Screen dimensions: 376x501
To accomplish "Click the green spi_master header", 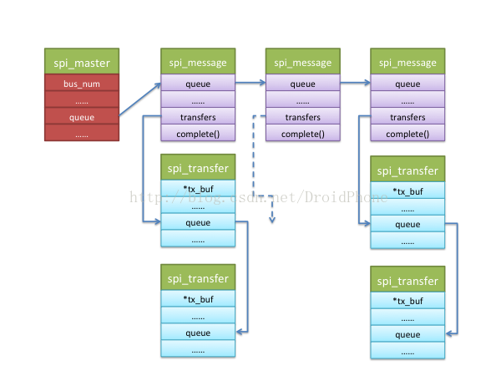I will pyautogui.click(x=82, y=62).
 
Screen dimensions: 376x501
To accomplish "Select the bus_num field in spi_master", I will pyautogui.click(x=82, y=84).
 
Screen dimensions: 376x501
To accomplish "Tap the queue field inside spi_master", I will pyautogui.click(x=82, y=117).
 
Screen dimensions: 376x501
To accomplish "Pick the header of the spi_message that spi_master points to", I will pyautogui.click(x=198, y=62).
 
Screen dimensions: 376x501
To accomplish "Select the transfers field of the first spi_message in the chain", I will pyautogui.click(x=198, y=117).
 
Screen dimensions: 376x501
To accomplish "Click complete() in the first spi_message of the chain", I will pyautogui.click(x=198, y=134).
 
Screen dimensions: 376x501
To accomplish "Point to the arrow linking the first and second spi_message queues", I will pyautogui.click(x=250, y=84).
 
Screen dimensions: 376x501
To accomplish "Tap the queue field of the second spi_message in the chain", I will pyautogui.click(x=303, y=84).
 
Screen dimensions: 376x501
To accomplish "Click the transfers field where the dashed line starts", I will pyautogui.click(x=303, y=117).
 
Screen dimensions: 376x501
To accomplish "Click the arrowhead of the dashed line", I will pyautogui.click(x=271, y=221).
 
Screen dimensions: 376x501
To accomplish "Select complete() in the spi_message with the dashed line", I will pyautogui.click(x=303, y=134).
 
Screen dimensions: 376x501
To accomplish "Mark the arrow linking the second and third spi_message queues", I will pyautogui.click(x=355, y=84).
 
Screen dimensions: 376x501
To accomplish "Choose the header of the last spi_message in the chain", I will pyautogui.click(x=407, y=62).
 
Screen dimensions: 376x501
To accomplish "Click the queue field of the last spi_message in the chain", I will pyautogui.click(x=407, y=84).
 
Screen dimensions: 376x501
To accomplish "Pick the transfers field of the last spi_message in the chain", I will pyautogui.click(x=407, y=117).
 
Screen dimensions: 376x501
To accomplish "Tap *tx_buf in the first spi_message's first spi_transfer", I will pyautogui.click(x=198, y=190).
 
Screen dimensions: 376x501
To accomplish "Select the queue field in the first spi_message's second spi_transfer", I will pyautogui.click(x=198, y=333).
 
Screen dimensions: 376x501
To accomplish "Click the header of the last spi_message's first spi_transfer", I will pyautogui.click(x=407, y=170).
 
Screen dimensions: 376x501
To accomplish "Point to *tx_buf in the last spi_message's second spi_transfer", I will pyautogui.click(x=407, y=301).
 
